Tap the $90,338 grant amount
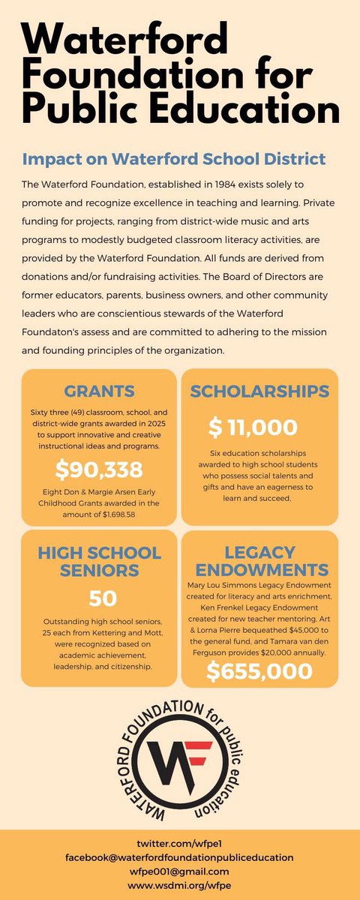98,470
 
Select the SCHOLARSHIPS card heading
259,391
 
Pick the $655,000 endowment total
259,669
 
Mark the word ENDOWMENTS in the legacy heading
259,571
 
